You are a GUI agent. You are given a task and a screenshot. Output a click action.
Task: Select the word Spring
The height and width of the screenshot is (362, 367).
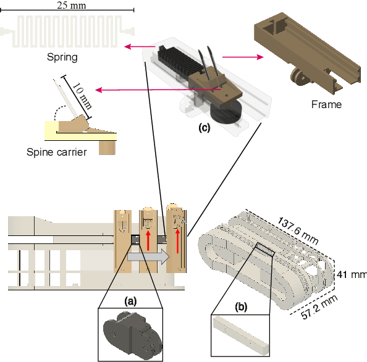pos(62,57)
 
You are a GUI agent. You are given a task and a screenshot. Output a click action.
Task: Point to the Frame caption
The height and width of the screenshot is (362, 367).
pos(326,104)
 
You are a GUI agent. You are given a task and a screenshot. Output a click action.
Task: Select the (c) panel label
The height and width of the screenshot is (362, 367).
pos(204,128)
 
